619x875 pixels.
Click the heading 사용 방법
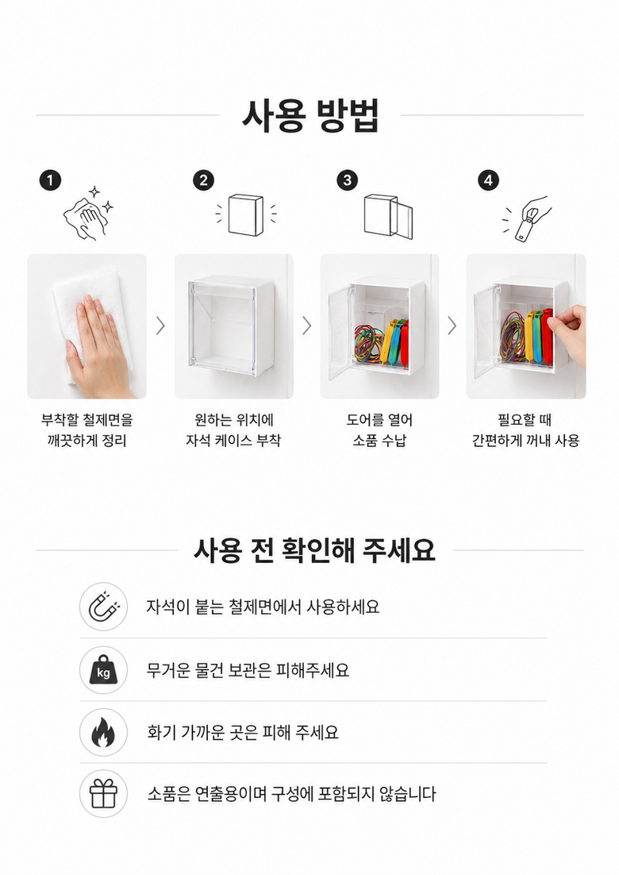[310, 115]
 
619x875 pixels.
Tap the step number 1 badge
[50, 180]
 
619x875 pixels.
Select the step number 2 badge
[203, 180]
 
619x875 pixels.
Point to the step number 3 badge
[348, 180]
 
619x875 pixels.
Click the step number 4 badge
[489, 180]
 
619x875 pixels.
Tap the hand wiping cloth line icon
[89, 214]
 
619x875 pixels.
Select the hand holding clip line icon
[526, 219]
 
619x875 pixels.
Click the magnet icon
[104, 607]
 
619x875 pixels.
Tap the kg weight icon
[104, 670]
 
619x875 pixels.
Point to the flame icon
[104, 732]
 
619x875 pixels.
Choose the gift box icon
[104, 793]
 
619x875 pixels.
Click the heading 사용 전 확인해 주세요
[314, 550]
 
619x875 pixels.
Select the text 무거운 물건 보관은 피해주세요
[248, 670]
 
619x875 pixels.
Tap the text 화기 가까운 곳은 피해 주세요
[243, 732]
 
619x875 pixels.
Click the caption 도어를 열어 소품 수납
[379, 430]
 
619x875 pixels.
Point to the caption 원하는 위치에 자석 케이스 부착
[233, 430]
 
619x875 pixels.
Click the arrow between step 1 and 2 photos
[160, 326]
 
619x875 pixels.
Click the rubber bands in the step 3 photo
[369, 343]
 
